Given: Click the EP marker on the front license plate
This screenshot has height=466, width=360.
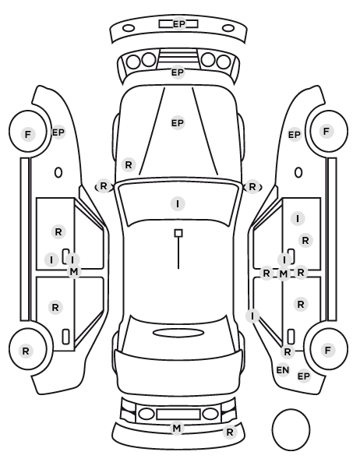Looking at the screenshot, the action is click(178, 24).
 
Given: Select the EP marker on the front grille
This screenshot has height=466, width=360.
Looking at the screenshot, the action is click(178, 72).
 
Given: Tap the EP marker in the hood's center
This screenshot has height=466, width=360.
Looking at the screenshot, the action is click(178, 123).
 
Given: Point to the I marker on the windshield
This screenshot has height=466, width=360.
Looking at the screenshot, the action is click(178, 204).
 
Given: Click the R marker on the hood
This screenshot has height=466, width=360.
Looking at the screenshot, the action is click(129, 164).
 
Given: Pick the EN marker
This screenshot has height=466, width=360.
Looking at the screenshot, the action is click(282, 370).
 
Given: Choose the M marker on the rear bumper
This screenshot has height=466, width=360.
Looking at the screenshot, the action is click(177, 429).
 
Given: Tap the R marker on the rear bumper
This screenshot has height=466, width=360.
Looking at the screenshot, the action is click(230, 432).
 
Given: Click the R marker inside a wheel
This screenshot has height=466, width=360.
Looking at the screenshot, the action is click(26, 351).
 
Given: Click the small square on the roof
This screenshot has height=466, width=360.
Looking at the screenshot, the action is click(178, 233).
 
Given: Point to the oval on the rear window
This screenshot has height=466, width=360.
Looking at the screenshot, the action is click(178, 333).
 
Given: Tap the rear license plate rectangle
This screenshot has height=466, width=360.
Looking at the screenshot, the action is click(178, 414).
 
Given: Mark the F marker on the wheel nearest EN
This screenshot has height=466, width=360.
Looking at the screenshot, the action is click(328, 350).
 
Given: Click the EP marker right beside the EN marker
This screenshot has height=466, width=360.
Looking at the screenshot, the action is click(304, 376).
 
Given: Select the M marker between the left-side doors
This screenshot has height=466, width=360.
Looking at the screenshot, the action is click(74, 271).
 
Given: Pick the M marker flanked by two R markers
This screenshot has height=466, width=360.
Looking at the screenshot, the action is click(284, 274).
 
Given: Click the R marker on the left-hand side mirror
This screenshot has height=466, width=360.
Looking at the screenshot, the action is click(103, 186).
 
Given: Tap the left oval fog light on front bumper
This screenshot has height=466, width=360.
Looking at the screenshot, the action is click(129, 29).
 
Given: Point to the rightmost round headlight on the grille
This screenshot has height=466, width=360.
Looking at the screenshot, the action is click(224, 62).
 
